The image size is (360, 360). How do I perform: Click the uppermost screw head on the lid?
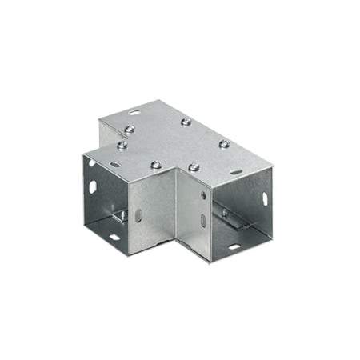click(x=186, y=122)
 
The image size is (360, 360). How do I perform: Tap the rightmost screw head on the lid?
click(x=224, y=144)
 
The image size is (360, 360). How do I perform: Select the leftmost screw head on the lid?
click(x=122, y=146)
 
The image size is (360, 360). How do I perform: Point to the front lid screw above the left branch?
click(x=156, y=165)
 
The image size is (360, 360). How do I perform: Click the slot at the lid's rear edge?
click(x=133, y=113)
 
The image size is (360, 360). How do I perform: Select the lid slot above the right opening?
click(x=237, y=170)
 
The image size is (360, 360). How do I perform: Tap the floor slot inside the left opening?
click(x=114, y=237)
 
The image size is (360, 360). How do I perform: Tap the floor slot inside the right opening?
click(x=234, y=246)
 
